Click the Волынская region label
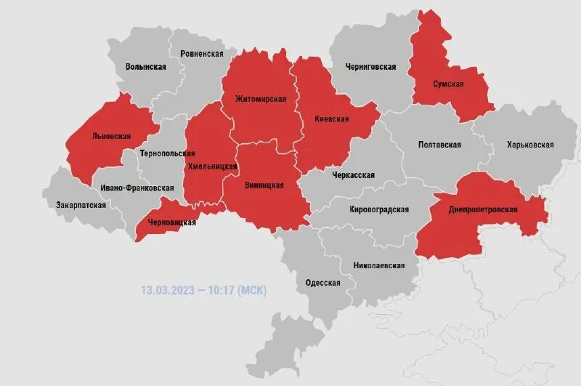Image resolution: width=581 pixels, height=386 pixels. click(145, 66)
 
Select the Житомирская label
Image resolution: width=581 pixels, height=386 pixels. click(261, 98)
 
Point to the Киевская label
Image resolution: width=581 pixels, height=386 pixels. click(331, 118)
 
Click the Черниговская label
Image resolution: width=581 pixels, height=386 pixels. click(370, 66)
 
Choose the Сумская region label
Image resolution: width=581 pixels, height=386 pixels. click(448, 84)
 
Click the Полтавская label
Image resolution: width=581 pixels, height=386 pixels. click(440, 145)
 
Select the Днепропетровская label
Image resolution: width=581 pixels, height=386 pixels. click(484, 209)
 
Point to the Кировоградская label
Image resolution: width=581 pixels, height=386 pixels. click(379, 209)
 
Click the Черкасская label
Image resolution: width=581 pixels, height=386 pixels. click(353, 175)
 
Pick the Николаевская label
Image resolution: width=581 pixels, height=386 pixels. click(379, 265)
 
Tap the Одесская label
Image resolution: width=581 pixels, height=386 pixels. click(323, 283)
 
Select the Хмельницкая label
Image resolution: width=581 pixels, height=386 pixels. click(213, 166)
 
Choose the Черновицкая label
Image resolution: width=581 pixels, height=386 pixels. click(171, 222)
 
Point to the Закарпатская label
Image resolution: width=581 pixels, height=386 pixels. click(81, 205)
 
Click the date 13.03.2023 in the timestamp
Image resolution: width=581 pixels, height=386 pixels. click(168, 291)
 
